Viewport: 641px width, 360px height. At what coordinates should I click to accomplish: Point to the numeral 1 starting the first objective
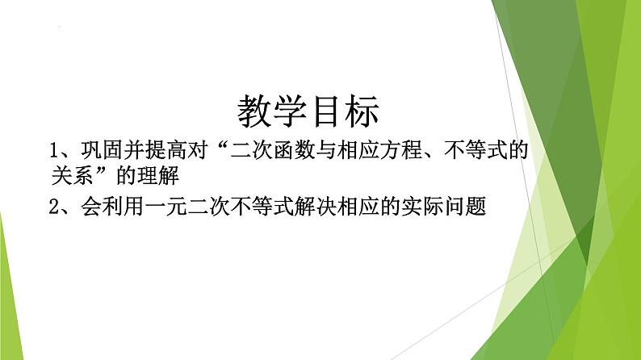tap(54, 150)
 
